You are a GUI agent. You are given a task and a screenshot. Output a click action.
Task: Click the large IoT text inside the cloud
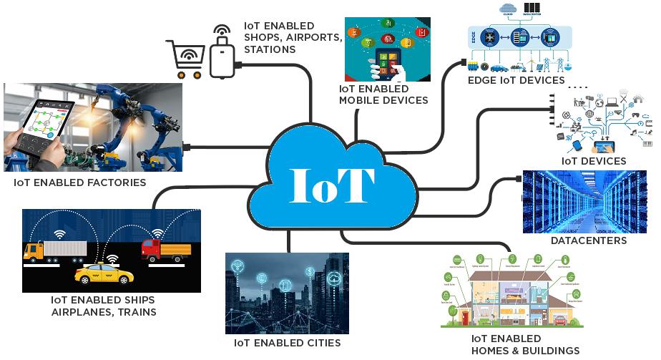(332, 184)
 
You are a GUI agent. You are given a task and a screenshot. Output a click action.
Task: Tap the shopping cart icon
(184, 57)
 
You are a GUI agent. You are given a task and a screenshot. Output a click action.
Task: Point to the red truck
(166, 250)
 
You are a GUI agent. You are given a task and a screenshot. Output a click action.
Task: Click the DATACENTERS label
(588, 241)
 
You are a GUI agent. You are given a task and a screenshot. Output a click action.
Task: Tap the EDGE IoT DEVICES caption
(516, 81)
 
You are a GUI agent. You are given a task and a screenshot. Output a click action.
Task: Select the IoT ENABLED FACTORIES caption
(79, 183)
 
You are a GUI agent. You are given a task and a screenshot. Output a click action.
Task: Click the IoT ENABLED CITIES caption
(288, 344)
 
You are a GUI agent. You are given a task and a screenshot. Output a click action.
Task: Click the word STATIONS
(270, 50)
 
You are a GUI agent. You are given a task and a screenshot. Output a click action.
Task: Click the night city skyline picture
(288, 293)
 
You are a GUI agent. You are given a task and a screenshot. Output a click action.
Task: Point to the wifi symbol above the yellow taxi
(112, 257)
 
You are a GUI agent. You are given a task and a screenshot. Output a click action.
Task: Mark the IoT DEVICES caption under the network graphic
(593, 161)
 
